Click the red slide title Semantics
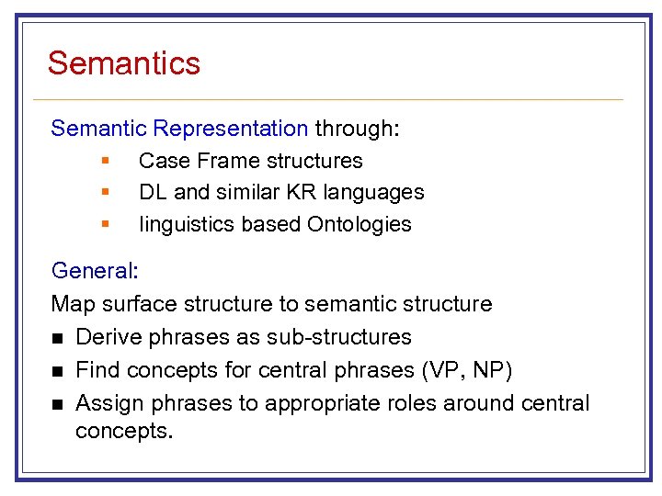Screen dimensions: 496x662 pos(124,63)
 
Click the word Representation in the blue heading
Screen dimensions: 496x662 pos(231,129)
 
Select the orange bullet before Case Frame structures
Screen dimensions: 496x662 pos(106,161)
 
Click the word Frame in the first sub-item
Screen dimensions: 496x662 pos(224,161)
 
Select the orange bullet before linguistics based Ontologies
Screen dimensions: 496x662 pos(106,223)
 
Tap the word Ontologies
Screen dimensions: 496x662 pos(360,224)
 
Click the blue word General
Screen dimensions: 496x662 pos(92,271)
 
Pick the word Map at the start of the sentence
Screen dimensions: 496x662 pos(71,304)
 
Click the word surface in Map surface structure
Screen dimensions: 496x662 pos(132,304)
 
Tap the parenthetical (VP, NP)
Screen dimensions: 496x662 pos(466,370)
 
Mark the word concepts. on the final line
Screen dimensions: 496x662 pos(124,431)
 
